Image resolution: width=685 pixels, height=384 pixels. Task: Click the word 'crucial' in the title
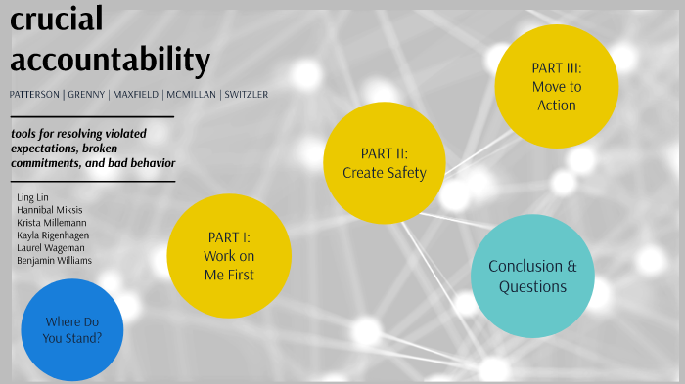tap(58, 19)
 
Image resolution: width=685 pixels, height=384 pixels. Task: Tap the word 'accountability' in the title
tap(110, 60)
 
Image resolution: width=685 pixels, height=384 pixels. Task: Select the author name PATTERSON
tap(37, 95)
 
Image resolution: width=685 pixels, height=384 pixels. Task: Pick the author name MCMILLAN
tap(192, 95)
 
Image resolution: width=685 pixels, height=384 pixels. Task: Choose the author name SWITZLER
tap(246, 95)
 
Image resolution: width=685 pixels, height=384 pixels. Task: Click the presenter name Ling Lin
tap(32, 197)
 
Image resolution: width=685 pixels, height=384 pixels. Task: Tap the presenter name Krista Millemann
tap(52, 223)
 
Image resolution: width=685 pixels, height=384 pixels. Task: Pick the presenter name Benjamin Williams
tap(55, 261)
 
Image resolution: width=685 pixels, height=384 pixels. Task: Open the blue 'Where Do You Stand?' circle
tap(72, 329)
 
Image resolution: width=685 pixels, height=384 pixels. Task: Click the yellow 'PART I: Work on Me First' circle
tap(229, 255)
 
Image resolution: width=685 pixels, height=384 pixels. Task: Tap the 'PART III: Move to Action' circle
tap(556, 86)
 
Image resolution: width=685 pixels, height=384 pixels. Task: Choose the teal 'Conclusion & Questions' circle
tap(532, 277)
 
